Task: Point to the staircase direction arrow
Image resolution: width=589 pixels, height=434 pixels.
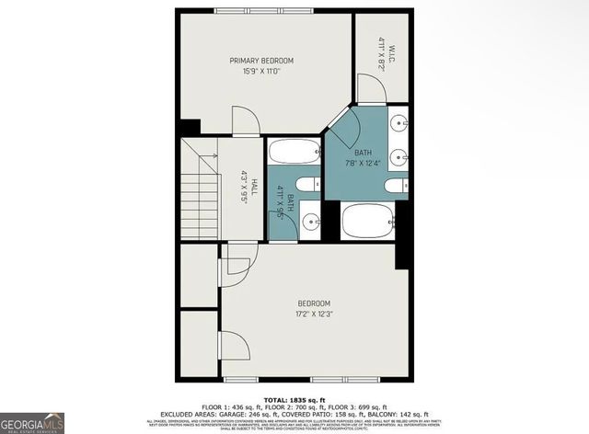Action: (x=213, y=159)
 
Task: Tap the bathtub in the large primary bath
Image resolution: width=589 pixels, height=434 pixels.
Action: (x=367, y=222)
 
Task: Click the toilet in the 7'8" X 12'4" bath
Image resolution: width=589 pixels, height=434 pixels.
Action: (x=395, y=186)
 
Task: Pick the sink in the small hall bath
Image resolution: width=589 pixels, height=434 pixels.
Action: (x=311, y=221)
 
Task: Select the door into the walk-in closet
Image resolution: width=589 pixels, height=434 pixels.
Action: (x=369, y=90)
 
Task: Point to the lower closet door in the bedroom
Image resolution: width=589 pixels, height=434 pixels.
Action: (x=236, y=348)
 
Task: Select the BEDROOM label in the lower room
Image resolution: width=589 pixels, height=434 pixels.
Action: (x=313, y=303)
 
